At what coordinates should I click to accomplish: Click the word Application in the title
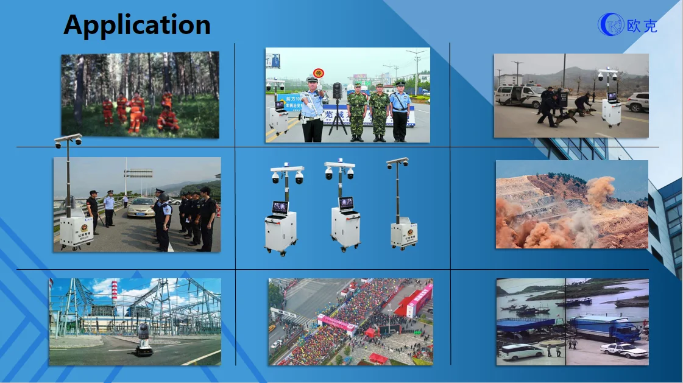[x=137, y=25]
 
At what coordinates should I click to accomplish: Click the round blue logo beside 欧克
[x=611, y=24]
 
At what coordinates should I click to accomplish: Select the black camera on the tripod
[x=337, y=91]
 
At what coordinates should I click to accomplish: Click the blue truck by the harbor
[x=603, y=329]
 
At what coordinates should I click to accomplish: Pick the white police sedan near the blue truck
[x=623, y=350]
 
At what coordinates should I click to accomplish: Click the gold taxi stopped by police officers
[x=141, y=207]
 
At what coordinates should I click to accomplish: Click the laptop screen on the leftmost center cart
[x=280, y=207]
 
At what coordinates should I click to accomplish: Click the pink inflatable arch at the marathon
[x=336, y=323]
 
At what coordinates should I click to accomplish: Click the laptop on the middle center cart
[x=346, y=204]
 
